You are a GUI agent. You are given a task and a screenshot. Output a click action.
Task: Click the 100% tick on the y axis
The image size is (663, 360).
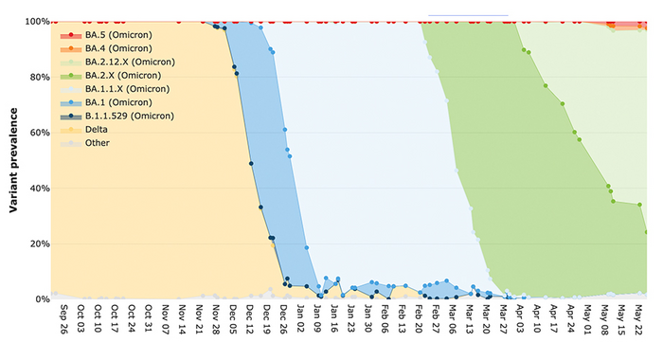click(35, 22)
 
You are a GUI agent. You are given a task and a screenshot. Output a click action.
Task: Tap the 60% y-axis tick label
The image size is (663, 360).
click(38, 133)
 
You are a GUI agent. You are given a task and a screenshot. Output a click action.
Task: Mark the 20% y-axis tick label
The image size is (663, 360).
click(38, 243)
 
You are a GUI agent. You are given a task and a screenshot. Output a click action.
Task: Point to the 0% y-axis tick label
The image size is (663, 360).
click(41, 299)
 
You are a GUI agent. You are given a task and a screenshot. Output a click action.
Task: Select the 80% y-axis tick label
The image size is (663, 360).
click(38, 78)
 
